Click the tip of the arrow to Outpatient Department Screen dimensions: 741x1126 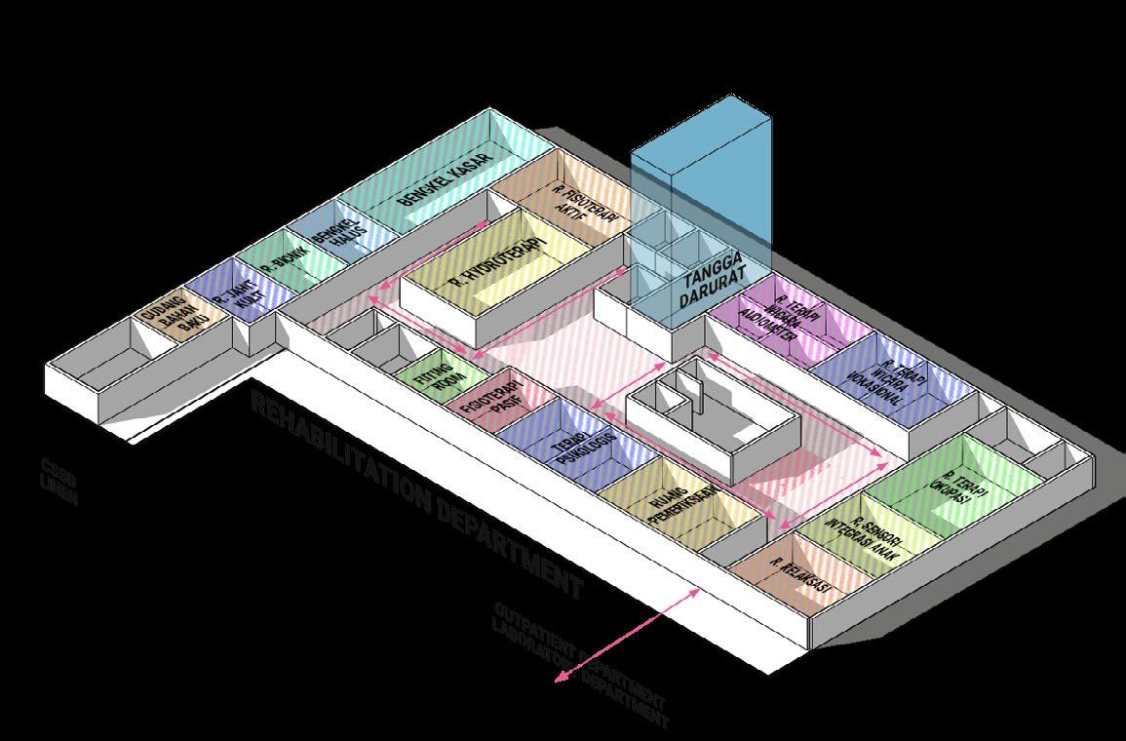click(x=558, y=682)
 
